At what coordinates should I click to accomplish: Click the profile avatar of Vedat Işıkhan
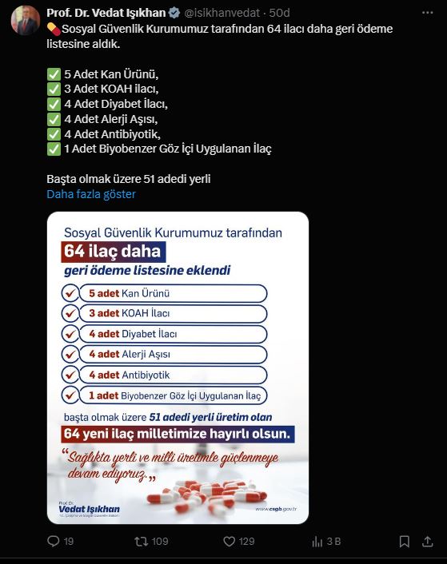point(26,20)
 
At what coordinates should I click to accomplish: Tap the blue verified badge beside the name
point(174,13)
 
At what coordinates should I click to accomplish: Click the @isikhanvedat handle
point(222,13)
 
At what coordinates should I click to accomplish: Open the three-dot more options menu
point(427,13)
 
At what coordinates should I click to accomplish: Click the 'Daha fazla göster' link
point(91,194)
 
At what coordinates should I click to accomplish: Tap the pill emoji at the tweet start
point(54,29)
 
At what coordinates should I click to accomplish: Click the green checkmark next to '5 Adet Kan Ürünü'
point(54,74)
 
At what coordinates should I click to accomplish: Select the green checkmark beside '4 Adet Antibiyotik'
point(54,134)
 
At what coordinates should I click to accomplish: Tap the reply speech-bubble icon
point(54,541)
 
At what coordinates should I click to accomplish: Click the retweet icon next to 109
point(141,542)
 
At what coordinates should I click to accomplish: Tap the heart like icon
point(229,542)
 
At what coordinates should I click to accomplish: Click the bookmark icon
point(404,542)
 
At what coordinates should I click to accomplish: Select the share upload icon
point(427,541)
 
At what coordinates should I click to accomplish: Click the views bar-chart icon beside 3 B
point(317,542)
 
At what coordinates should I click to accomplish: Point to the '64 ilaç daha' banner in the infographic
point(114,252)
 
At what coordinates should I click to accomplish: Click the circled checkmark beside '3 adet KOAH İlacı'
point(70,314)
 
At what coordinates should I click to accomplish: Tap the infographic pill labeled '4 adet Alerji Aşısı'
point(173,355)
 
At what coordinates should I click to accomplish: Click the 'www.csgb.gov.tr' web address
point(276,509)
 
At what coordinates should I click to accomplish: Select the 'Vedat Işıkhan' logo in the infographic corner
point(89,509)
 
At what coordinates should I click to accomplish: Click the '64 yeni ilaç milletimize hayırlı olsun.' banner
point(178,434)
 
